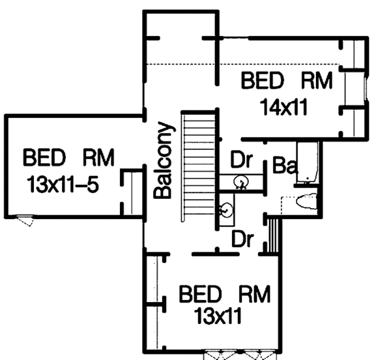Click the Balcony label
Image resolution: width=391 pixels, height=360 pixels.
[x=163, y=160]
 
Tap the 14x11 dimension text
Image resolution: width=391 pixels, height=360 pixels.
[x=283, y=107]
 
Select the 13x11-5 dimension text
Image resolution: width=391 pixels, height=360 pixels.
[x=63, y=184]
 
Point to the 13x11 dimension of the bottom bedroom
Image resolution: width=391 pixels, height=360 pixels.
[x=218, y=316]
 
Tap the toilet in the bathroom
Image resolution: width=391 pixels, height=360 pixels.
[x=306, y=201]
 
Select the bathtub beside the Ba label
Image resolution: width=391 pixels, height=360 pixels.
[x=308, y=163]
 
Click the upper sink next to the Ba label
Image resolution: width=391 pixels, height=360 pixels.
[x=241, y=181]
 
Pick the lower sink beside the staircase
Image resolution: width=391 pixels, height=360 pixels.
[x=226, y=210]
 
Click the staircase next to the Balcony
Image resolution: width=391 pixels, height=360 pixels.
[x=199, y=167]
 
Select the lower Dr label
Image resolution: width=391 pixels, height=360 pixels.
[x=242, y=239]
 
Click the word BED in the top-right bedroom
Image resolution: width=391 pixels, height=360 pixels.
[x=263, y=80]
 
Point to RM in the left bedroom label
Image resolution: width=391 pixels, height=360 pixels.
[x=98, y=157]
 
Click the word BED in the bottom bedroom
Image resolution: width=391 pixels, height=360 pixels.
[x=200, y=294]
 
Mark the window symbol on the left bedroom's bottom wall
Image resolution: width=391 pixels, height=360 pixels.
[x=24, y=220]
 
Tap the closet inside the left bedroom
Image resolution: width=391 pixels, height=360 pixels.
[x=132, y=192]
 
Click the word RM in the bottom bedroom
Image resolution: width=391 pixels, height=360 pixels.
[x=255, y=294]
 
